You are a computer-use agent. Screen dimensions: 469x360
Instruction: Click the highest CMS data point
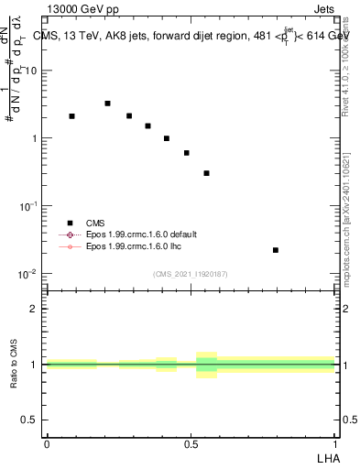click(107, 104)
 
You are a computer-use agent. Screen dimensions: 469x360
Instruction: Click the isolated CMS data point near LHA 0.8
click(276, 250)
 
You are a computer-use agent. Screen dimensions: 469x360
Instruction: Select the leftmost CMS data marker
click(71, 116)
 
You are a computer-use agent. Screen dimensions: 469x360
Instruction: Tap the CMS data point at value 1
click(166, 138)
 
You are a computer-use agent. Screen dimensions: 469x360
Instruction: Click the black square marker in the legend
click(69, 223)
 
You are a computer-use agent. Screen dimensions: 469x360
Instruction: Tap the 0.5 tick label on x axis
click(191, 442)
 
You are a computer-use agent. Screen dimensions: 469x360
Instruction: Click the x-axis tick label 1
click(334, 442)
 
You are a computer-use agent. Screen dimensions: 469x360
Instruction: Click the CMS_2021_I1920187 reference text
click(190, 274)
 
